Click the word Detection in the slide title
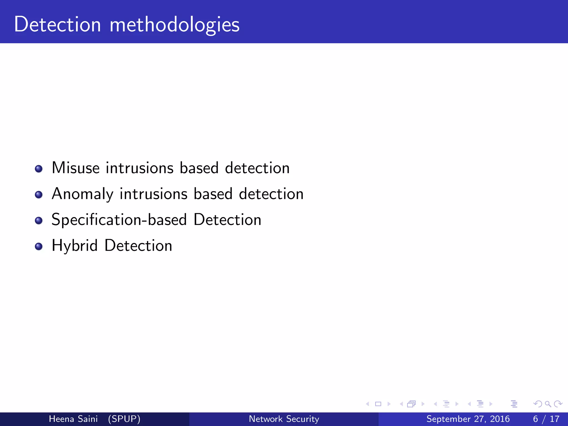57,24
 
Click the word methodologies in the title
174,25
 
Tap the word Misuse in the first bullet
75,168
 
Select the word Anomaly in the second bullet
82,194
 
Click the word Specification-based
119,220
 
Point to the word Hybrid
75,246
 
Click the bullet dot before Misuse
39,169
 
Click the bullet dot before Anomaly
39,194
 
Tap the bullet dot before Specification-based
39,220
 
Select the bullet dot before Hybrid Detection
39,246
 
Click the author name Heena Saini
73,419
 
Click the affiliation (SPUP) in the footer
124,419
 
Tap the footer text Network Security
284,419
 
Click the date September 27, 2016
468,419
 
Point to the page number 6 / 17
546,419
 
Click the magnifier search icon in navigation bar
548,404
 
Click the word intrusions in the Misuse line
140,168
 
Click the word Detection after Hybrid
138,246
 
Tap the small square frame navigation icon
378,404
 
